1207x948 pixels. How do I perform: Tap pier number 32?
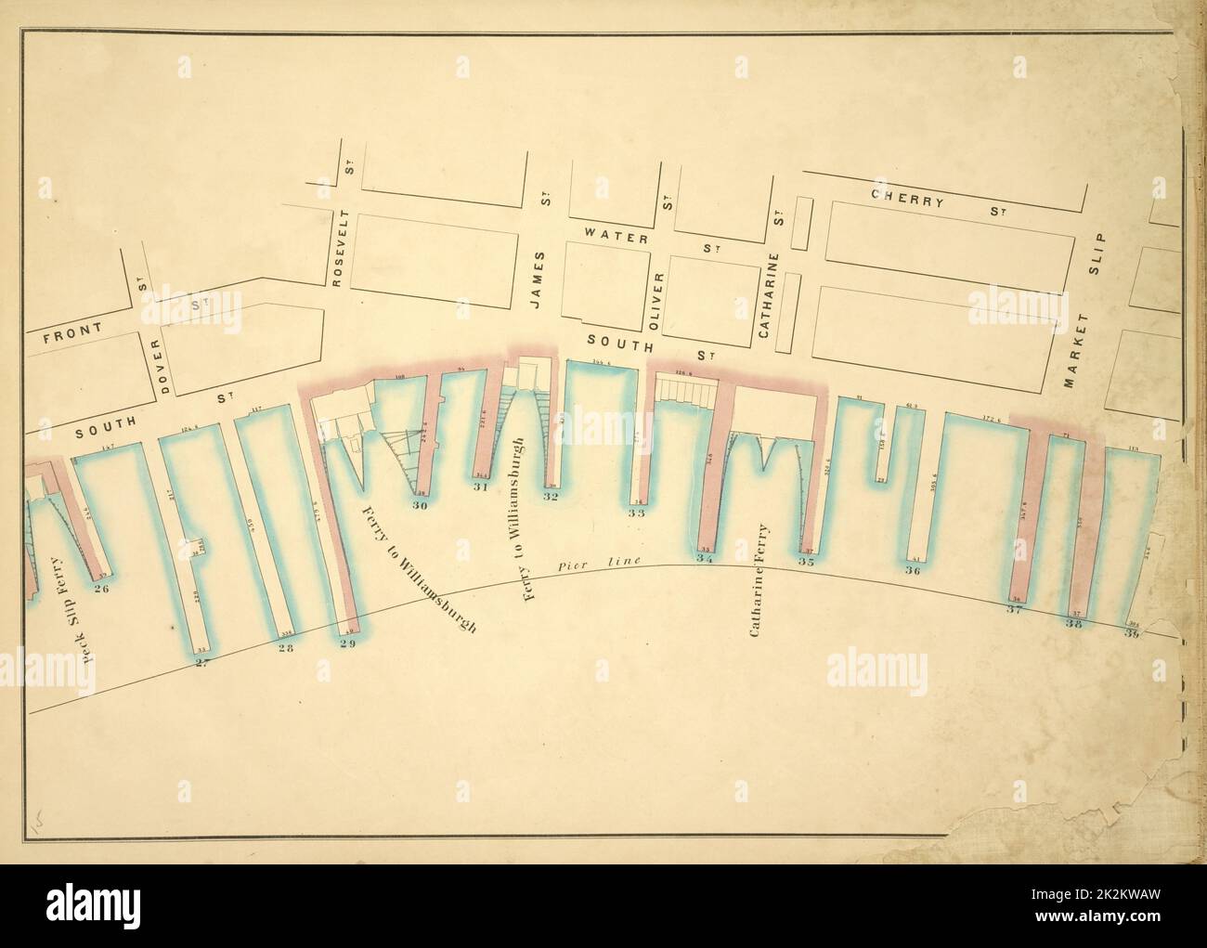tap(551, 497)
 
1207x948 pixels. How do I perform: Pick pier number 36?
tap(912, 571)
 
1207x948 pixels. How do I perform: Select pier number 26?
tap(102, 588)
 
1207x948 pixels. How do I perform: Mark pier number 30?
tap(420, 506)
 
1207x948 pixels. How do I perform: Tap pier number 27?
tap(201, 661)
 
